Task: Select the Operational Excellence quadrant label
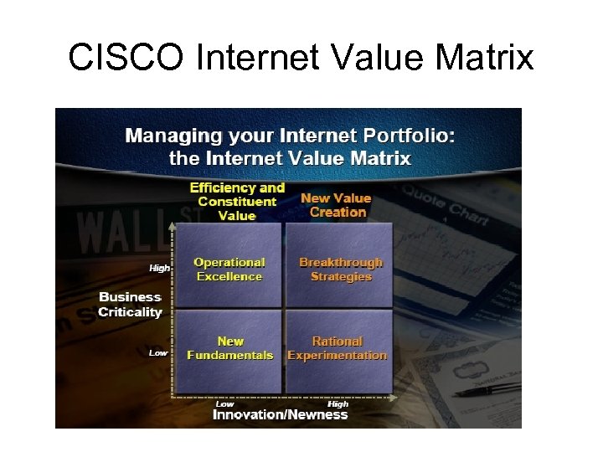click(x=229, y=270)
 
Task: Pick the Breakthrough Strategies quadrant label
click(x=340, y=270)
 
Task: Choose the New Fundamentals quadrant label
click(x=229, y=348)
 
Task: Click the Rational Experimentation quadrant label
click(x=337, y=348)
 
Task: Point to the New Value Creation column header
click(x=336, y=205)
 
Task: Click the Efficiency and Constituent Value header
click(x=237, y=202)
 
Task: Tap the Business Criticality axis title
click(x=130, y=305)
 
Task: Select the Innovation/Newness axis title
click(x=280, y=415)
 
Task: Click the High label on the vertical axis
click(x=159, y=269)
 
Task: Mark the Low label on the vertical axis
click(x=158, y=353)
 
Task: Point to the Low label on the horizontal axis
click(x=224, y=403)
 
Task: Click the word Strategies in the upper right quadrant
click(x=341, y=277)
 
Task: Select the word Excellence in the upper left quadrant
click(x=229, y=277)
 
